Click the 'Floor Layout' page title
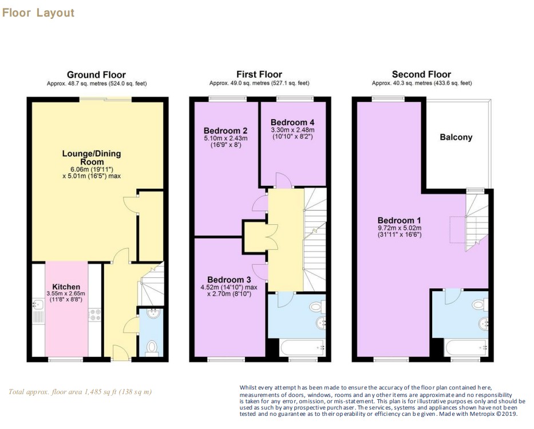(38, 13)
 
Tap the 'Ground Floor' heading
(96, 74)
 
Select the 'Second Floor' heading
(421, 74)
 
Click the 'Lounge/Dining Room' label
(92, 158)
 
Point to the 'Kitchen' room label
(66, 287)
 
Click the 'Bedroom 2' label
(226, 131)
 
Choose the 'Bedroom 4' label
(292, 122)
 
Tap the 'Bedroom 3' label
(229, 280)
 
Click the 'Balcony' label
(456, 137)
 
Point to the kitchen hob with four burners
(94, 314)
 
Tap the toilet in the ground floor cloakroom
(152, 347)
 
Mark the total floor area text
(80, 392)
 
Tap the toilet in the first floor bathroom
(316, 307)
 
